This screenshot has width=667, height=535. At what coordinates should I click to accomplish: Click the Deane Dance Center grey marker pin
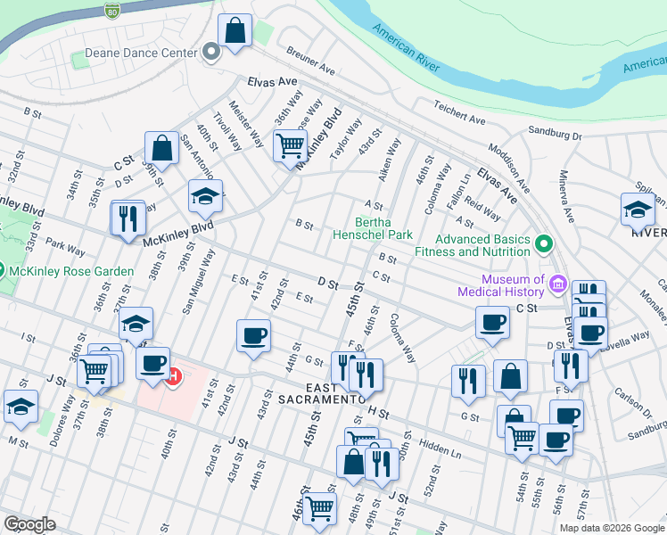point(211,53)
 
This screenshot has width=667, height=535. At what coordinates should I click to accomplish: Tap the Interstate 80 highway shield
point(111,12)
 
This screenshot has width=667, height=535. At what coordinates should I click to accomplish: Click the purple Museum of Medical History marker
point(558,284)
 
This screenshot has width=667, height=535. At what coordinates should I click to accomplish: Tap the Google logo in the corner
point(29,524)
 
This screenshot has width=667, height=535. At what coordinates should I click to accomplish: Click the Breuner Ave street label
point(309,62)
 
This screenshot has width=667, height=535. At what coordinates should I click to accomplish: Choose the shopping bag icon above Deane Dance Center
point(235,31)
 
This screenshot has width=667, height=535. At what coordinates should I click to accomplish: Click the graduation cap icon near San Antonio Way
point(205,196)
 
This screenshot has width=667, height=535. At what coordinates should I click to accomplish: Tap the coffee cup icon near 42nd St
point(254,336)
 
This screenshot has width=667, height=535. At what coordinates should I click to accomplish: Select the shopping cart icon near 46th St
point(318,508)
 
